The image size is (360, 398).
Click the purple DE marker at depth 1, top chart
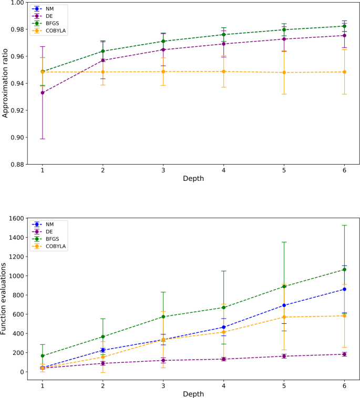tap(43, 93)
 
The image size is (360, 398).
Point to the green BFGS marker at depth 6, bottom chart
tap(344, 270)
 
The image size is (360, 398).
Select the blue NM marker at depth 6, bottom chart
tap(344, 289)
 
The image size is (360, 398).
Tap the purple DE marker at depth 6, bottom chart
tap(344, 354)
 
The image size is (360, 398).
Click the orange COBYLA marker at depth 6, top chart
tap(344, 72)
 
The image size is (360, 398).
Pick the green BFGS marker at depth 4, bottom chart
tap(223, 308)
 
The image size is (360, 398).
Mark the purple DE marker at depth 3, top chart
tap(163, 50)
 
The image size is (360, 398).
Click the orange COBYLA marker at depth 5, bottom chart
tap(284, 317)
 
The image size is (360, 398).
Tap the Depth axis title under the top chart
tap(193, 179)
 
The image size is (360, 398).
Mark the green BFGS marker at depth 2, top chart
tap(102, 51)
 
